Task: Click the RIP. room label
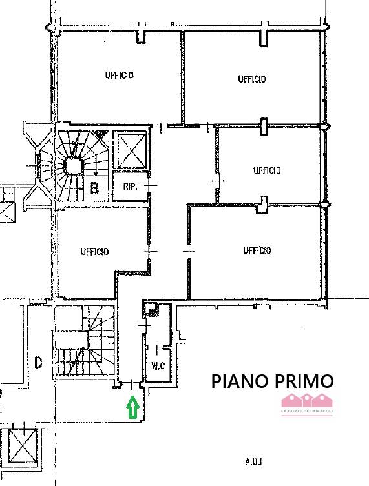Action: point(130,187)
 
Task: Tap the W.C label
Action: point(158,366)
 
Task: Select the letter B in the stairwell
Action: point(94,188)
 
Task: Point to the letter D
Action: point(38,361)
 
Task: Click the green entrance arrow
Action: point(132,407)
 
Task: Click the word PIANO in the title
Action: point(239,381)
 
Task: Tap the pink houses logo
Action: point(307,400)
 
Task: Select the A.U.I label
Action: point(253,462)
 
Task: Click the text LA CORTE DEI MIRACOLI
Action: point(307,412)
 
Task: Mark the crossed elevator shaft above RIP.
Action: point(130,150)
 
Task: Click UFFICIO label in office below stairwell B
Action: point(94,251)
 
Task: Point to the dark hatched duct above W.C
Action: point(150,309)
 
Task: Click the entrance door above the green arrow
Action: point(132,385)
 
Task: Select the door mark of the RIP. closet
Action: point(151,185)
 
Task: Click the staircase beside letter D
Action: point(85,341)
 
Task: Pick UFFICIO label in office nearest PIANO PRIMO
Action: point(257,250)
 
